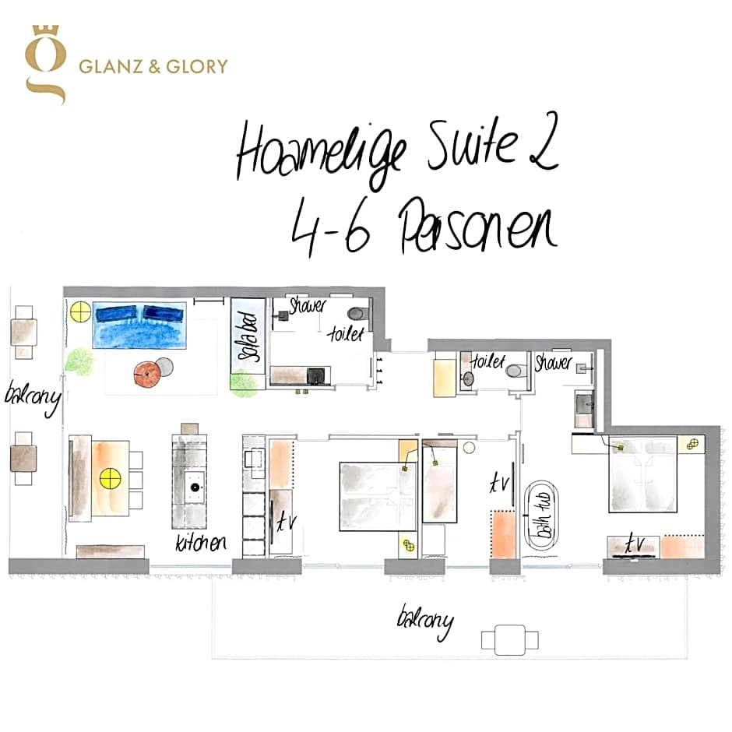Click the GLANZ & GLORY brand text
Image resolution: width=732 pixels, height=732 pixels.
point(153,65)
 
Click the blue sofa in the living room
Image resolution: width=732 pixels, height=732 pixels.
point(140,325)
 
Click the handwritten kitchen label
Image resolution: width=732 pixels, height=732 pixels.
point(201,542)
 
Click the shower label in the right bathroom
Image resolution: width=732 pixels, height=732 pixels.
point(554,363)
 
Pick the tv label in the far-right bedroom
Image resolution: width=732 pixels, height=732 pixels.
point(635,545)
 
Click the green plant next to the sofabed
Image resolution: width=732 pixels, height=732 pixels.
point(244,382)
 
